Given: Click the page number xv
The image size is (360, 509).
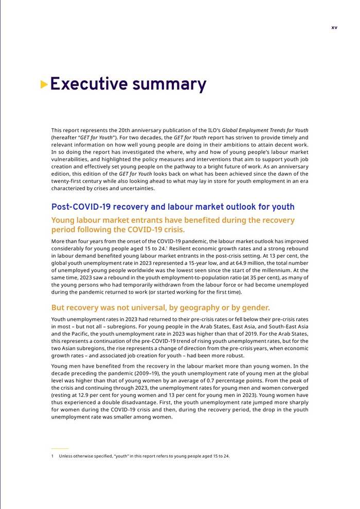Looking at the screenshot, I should coord(334,28).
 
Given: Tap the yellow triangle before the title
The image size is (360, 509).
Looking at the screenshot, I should coord(44,84).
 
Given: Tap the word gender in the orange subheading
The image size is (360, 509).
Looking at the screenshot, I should coord(254,307).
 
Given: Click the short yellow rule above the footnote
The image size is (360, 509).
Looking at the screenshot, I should coord(60,448).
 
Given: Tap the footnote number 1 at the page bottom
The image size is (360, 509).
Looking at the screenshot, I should coord(52,456).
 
